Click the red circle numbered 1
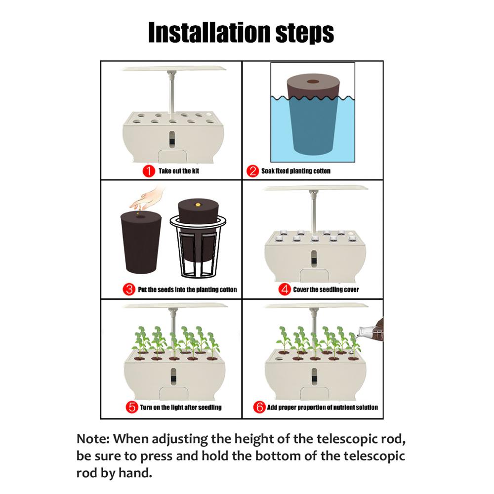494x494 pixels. coord(149,171)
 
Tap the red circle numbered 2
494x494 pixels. coord(252,171)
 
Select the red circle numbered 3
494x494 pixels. coord(129,289)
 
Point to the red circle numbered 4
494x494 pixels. coord(285,289)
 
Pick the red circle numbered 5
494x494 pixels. coord(132,407)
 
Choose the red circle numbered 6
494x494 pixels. coord(259,407)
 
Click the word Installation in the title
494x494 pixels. coord(209,32)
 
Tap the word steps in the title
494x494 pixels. coord(305,34)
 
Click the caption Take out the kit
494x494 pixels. coord(179,171)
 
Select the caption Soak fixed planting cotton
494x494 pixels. coord(296,171)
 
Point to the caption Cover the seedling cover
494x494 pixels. coord(326,289)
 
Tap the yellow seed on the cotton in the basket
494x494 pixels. coord(198,205)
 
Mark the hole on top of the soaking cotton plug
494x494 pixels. coord(313,82)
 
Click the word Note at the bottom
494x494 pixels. coord(93,439)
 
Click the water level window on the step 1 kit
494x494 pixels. coord(172,139)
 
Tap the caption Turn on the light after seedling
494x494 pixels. coord(181,408)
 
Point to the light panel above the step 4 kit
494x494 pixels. coord(316,188)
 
